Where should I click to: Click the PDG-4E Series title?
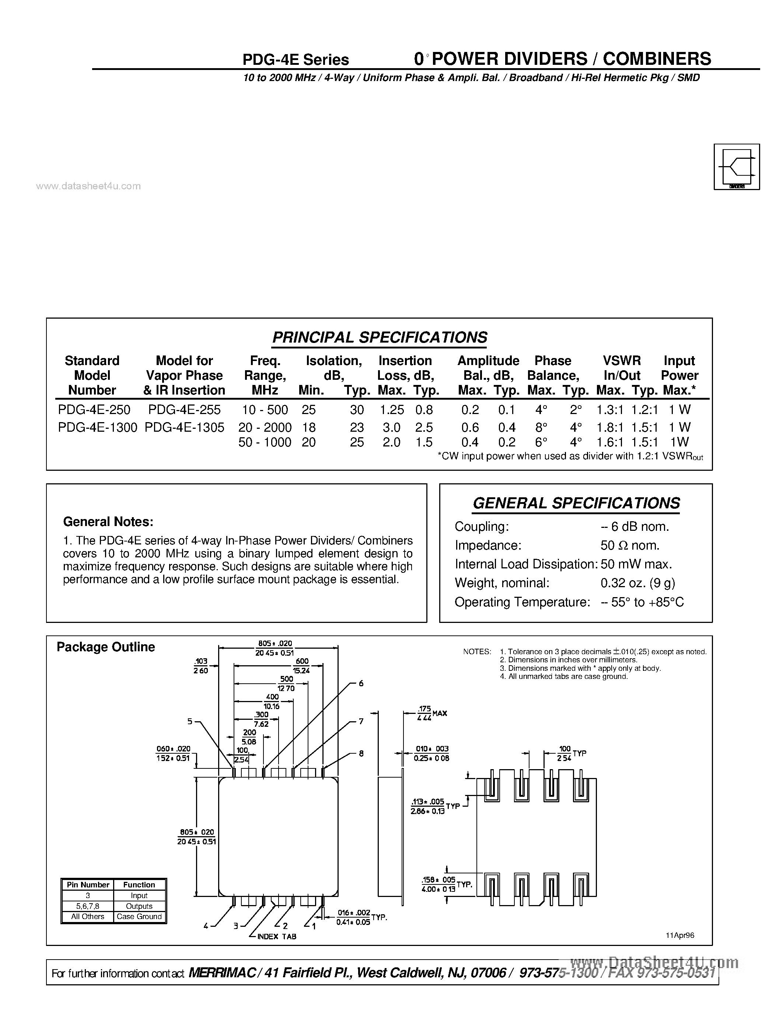(x=296, y=60)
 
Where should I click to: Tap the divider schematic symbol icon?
(x=737, y=167)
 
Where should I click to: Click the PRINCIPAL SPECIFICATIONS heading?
(x=380, y=337)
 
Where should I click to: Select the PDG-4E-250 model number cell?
(x=94, y=410)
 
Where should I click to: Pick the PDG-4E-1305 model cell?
(x=185, y=427)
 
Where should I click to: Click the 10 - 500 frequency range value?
(x=265, y=410)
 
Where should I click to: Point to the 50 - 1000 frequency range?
(x=265, y=442)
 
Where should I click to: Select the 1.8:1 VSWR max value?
(x=609, y=427)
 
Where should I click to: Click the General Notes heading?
(x=108, y=522)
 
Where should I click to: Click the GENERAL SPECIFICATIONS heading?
(x=576, y=503)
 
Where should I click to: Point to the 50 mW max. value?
(x=636, y=564)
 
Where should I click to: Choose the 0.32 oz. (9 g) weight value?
(x=638, y=583)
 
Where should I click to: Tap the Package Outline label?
(x=106, y=647)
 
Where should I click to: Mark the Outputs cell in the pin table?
(x=139, y=906)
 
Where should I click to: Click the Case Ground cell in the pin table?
(x=139, y=916)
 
